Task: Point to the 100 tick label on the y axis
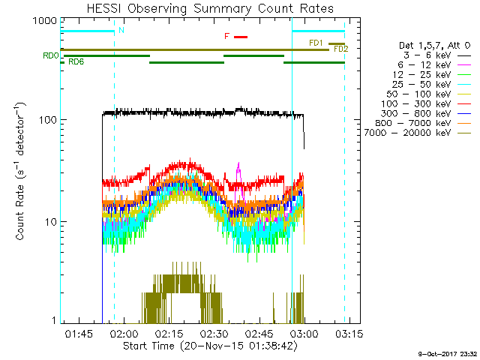coord(46,120)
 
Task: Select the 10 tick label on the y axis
coord(49,222)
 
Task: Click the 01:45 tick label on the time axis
coord(79,332)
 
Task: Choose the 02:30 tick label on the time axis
coord(214,332)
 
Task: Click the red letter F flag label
coord(226,36)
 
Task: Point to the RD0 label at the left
coord(50,55)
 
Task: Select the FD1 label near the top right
coord(316,43)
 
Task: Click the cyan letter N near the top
coord(121,30)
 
